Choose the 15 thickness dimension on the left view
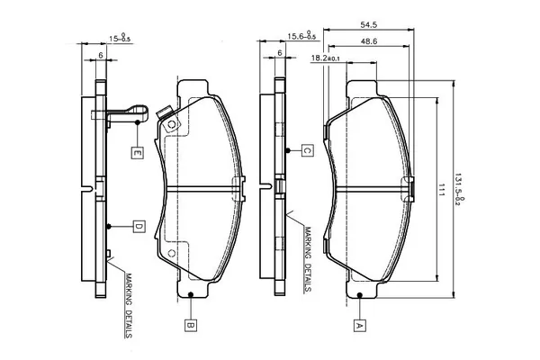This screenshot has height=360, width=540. click(x=120, y=37)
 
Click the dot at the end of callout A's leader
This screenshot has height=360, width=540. click(x=359, y=295)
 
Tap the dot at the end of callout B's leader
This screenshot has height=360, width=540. click(x=191, y=295)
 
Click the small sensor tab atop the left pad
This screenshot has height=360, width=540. click(x=165, y=116)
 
